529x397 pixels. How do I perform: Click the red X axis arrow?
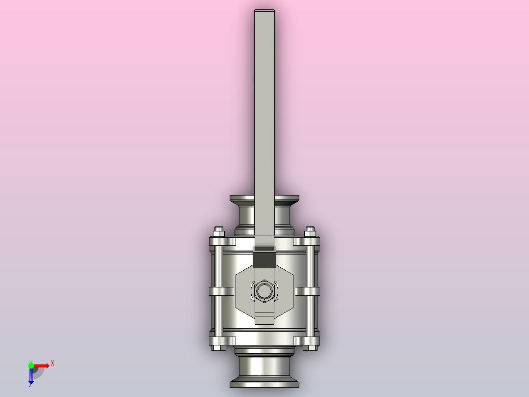43,365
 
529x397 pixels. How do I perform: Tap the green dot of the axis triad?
31,365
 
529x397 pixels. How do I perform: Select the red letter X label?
52,363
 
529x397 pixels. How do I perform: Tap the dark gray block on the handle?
264,259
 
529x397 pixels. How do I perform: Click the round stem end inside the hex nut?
264,291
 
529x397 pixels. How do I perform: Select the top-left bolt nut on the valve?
219,231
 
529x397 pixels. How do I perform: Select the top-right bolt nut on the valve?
310,231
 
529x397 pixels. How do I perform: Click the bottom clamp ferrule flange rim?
264,381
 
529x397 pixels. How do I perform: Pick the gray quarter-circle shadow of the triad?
38,372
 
